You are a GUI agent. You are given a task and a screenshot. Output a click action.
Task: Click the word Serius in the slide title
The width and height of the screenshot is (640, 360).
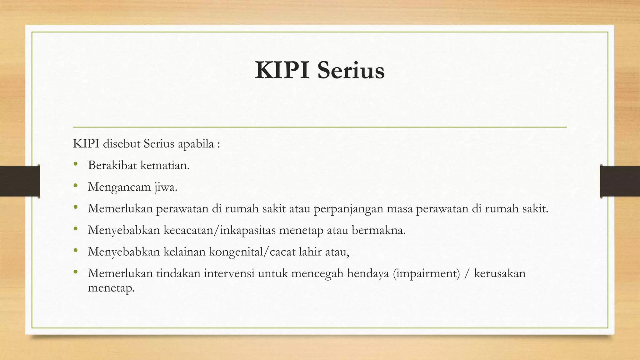[x=351, y=71]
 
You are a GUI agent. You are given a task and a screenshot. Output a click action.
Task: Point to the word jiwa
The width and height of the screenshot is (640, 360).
[x=166, y=187]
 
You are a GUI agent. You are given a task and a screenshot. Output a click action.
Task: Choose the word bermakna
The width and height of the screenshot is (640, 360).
[x=379, y=230]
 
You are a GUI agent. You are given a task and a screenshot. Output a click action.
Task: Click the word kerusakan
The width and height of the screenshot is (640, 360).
[x=500, y=273]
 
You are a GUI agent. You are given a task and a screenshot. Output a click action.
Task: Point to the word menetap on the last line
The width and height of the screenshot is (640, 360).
[x=111, y=287]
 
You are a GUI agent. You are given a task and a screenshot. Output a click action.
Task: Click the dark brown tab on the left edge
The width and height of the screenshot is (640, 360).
[x=20, y=181]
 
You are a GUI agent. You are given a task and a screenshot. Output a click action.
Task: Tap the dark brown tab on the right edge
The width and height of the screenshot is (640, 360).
[x=620, y=181]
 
